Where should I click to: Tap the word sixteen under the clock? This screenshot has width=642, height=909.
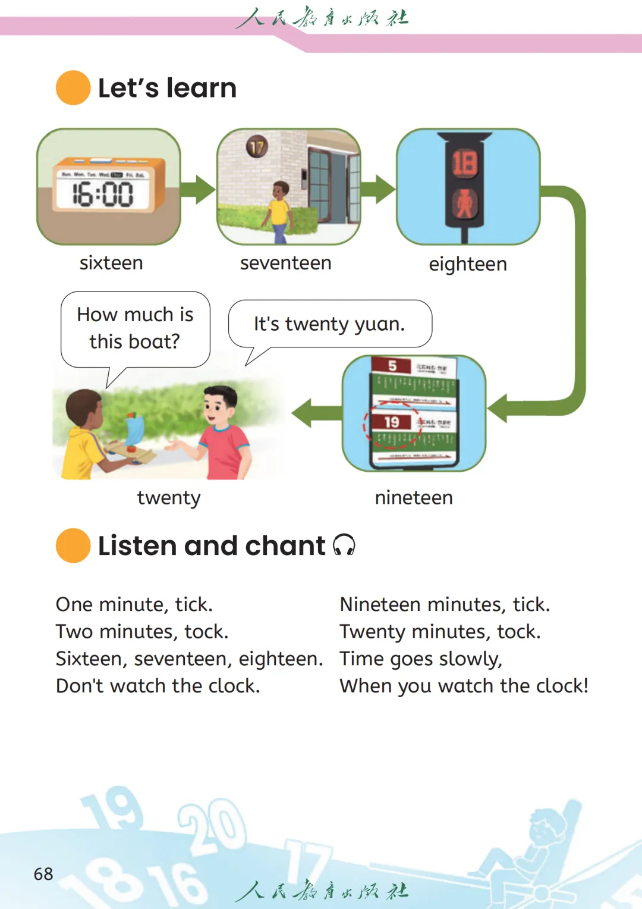[111, 263]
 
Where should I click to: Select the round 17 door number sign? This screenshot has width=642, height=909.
[257, 146]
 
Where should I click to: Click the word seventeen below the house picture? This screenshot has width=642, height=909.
[285, 263]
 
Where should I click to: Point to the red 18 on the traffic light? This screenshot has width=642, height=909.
[465, 163]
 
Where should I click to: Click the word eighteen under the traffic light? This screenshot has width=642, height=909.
[468, 264]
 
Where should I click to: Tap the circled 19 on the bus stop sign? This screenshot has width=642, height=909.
[392, 422]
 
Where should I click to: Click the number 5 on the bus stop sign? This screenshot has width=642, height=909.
[392, 365]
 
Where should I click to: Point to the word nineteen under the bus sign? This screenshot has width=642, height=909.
[414, 497]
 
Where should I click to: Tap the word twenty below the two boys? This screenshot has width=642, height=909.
[169, 497]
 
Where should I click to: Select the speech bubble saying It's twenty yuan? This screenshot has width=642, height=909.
[329, 324]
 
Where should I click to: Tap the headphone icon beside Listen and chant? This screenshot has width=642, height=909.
[344, 545]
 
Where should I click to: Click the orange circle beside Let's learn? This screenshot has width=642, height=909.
[73, 88]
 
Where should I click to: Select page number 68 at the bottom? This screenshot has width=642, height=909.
[43, 874]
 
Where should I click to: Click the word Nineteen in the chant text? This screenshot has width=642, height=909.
[380, 604]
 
